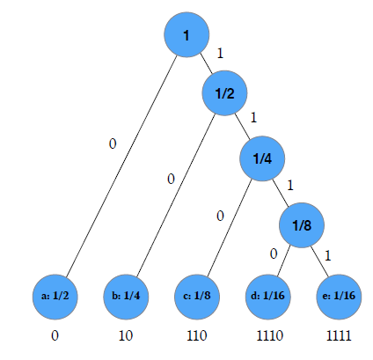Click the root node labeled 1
[x=186, y=34]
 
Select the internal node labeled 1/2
[x=224, y=93]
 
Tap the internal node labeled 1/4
[x=262, y=158]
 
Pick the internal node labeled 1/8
[x=302, y=225]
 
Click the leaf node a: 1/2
[x=55, y=297]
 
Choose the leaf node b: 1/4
[x=126, y=297]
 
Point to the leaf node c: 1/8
[x=197, y=297]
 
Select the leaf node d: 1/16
[x=267, y=297]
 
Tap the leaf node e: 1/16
[x=339, y=297]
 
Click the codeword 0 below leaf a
[x=55, y=335]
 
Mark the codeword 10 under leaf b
[x=126, y=335]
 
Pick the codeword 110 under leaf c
[x=197, y=335]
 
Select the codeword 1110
[x=270, y=335]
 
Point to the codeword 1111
[x=339, y=335]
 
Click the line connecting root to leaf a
[x=121, y=165]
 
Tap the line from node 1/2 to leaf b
[x=176, y=195]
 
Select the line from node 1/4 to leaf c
[x=230, y=228]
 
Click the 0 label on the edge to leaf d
[x=274, y=253]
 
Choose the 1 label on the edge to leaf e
[x=328, y=255]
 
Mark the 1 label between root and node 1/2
[x=220, y=53]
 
